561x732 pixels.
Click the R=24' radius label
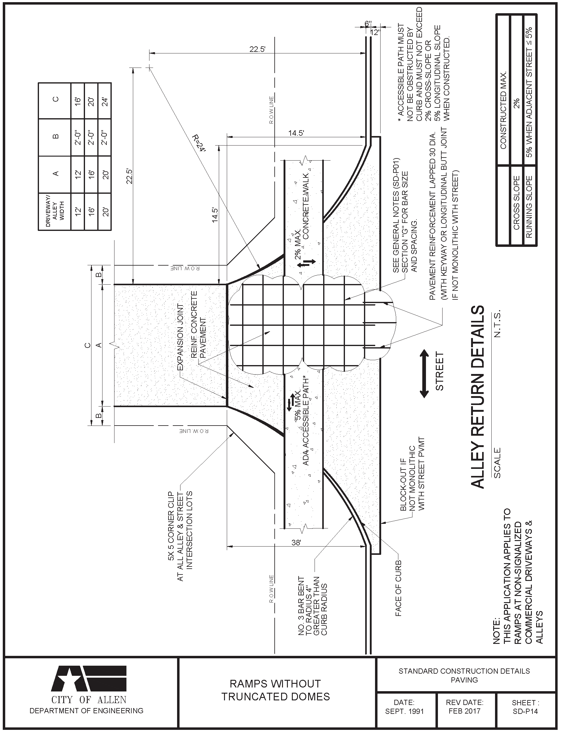coord(200,143)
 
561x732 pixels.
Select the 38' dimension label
coord(296,543)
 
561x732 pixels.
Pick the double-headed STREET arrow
coord(424,373)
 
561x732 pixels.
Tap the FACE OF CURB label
coord(398,588)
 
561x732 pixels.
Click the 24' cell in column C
coord(105,100)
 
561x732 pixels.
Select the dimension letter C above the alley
coord(88,345)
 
